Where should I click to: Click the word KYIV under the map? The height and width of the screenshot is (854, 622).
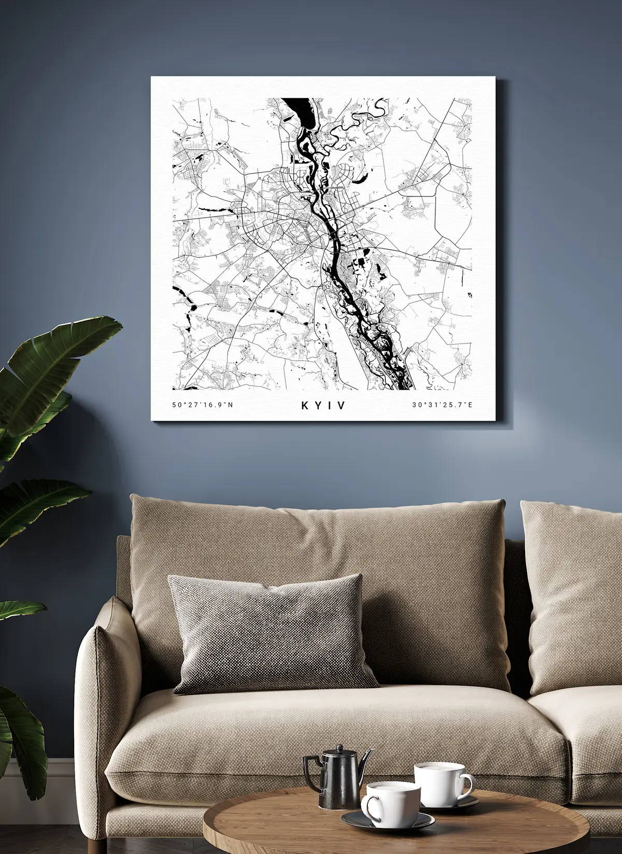click(x=323, y=405)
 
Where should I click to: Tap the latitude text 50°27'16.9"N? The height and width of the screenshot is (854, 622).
click(x=203, y=405)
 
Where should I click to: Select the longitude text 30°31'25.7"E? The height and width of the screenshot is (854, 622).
click(x=442, y=405)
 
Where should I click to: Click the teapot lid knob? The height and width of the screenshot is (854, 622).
click(x=340, y=748)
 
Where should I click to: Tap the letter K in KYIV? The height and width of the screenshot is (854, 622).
click(x=305, y=405)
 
